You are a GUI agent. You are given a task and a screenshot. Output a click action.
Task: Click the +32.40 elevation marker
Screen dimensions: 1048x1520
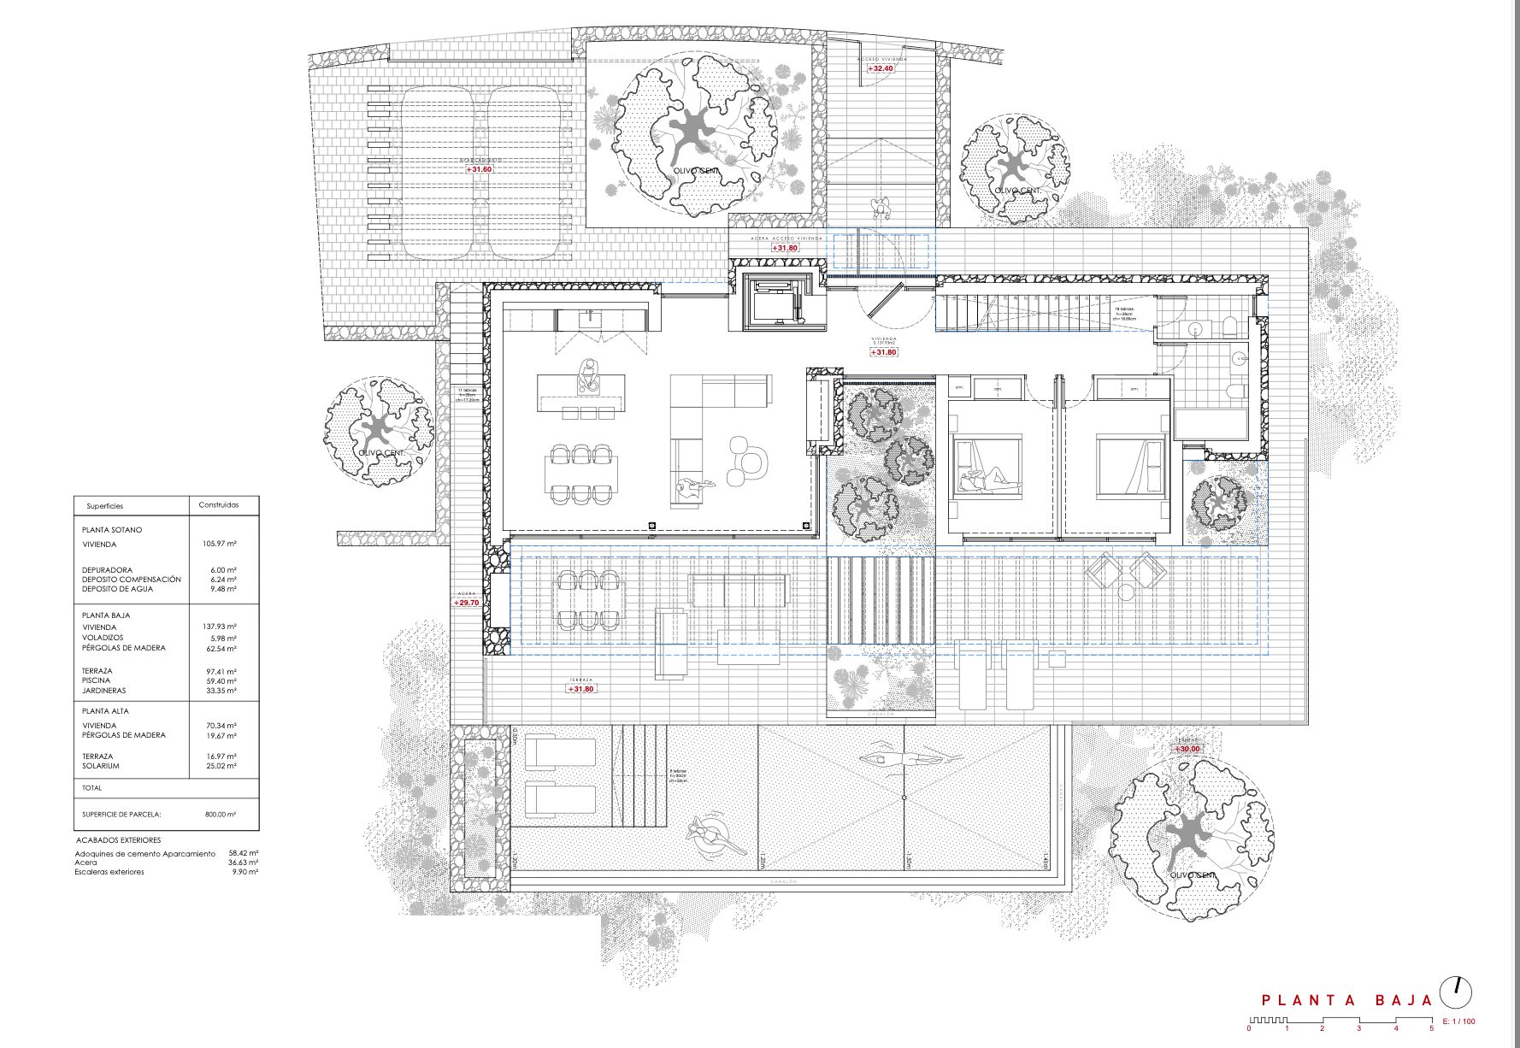881,68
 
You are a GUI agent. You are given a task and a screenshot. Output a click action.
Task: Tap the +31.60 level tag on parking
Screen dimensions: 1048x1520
480,169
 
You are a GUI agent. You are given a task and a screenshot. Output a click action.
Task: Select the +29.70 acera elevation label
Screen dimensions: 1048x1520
467,603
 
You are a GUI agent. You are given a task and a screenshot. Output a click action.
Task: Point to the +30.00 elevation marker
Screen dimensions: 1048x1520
1187,749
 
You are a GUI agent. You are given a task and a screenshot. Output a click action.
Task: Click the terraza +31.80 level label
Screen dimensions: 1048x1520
581,689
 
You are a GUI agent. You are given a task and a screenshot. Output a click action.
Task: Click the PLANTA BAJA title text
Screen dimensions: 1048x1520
1346,1000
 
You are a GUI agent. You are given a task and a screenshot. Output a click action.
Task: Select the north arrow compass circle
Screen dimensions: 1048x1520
1456,992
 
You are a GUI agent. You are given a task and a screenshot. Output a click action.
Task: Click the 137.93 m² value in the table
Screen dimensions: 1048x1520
219,627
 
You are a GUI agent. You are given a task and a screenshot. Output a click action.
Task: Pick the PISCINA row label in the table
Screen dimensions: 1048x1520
96,680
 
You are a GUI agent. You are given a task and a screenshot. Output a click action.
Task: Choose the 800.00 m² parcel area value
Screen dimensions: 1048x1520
220,815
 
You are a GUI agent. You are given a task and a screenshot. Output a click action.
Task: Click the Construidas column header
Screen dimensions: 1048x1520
219,505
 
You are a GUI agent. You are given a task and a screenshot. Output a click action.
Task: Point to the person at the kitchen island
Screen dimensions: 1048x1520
587,374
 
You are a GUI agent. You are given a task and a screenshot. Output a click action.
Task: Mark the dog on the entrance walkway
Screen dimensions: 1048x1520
881,207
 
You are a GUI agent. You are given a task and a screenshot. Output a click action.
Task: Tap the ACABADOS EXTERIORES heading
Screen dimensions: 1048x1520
118,840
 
